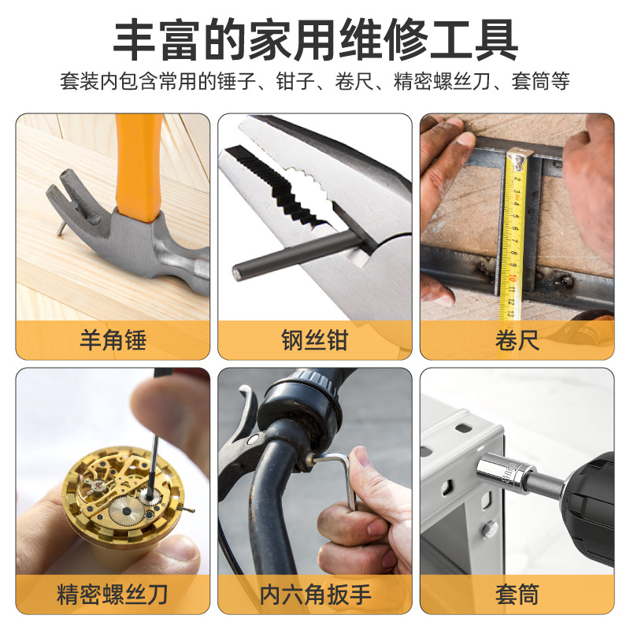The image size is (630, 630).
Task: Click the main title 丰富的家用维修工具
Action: click(316, 40)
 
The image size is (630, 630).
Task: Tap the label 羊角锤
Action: click(113, 340)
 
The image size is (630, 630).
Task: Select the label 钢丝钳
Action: click(314, 340)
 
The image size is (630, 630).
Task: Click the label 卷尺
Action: click(517, 340)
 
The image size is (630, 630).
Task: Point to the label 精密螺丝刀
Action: click(112, 595)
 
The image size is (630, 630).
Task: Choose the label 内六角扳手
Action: click(315, 595)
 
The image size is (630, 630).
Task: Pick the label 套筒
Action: click(517, 595)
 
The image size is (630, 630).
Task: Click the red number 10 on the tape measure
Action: click(512, 277)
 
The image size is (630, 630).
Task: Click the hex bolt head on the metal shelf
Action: click(489, 528)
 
